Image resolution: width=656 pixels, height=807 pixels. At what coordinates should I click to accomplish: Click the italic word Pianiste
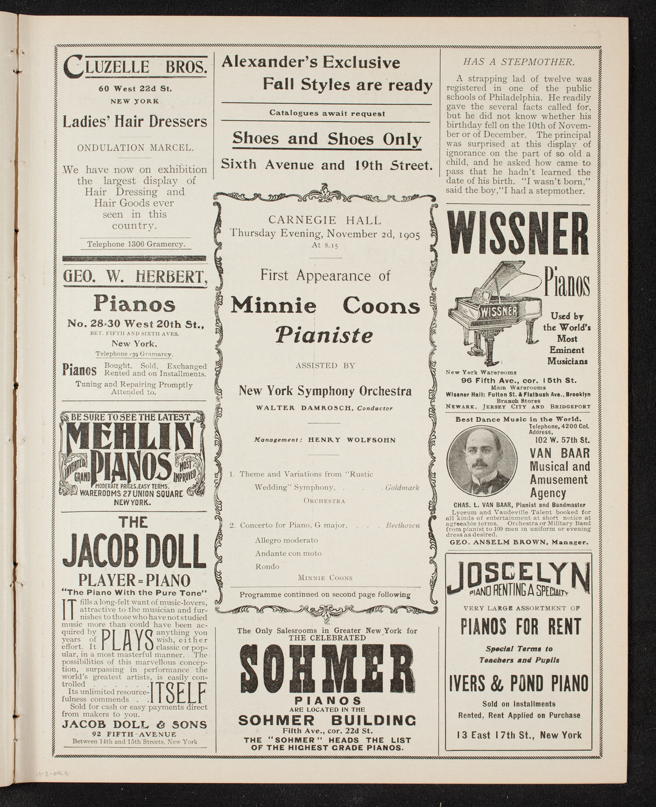coord(325,335)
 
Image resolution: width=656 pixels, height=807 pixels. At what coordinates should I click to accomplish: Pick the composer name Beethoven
coord(403,525)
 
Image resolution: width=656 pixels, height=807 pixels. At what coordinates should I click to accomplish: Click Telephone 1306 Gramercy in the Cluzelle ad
coord(136,244)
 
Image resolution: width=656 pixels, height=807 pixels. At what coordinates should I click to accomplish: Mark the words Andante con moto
coord(288,553)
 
